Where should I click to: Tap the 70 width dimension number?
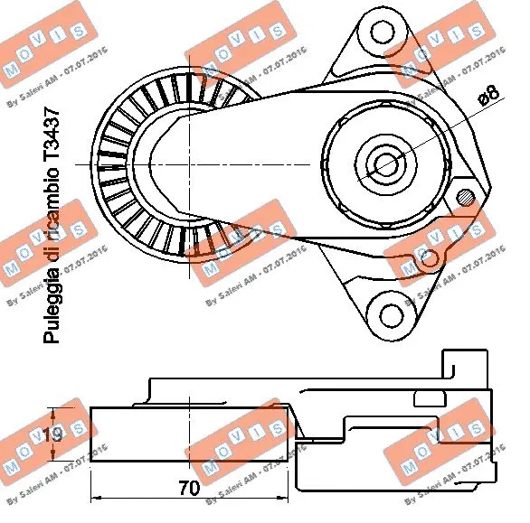click(x=189, y=489)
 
